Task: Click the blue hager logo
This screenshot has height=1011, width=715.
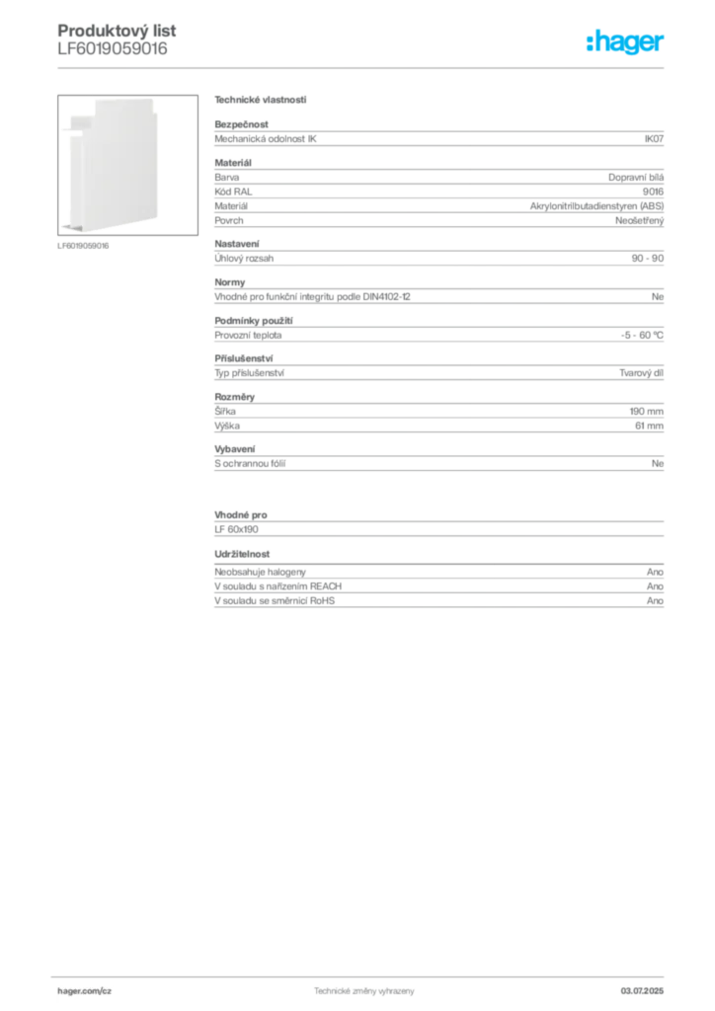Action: (627, 44)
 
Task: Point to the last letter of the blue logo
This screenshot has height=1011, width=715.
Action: (663, 44)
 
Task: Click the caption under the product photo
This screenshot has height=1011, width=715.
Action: (83, 245)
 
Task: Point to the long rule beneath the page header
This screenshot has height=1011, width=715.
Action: (363, 68)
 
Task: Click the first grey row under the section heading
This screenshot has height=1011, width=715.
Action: (437, 137)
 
